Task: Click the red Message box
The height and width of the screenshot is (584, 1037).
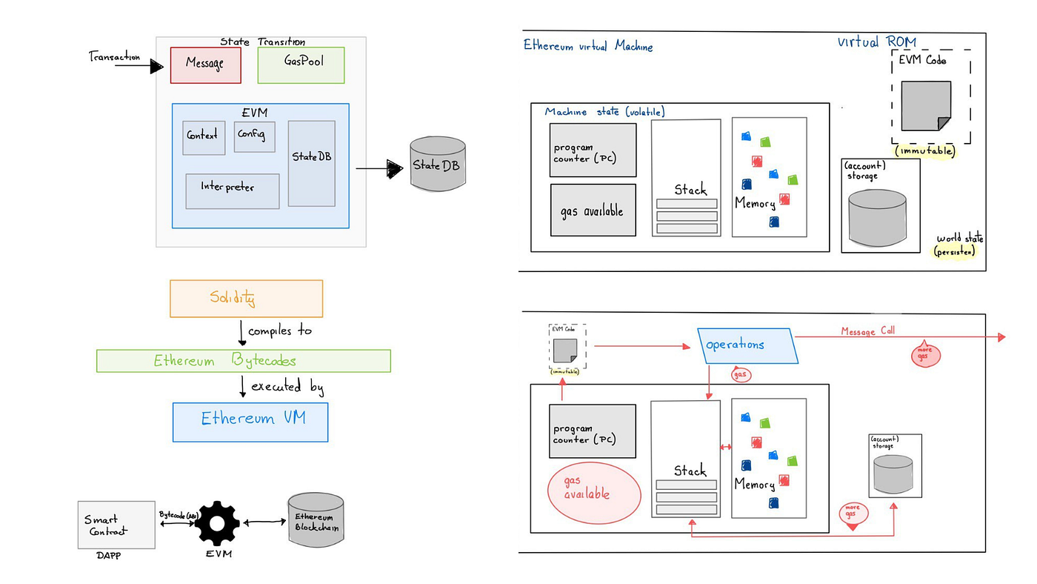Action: tap(205, 65)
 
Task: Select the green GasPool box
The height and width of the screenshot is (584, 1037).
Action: tap(301, 65)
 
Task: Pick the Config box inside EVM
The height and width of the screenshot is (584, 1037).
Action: tap(254, 136)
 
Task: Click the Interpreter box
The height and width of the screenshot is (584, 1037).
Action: tap(232, 191)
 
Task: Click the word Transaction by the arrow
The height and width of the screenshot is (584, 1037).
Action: tap(114, 56)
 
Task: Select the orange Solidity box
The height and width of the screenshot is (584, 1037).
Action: tap(246, 299)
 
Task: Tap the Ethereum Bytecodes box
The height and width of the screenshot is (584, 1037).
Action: tap(243, 361)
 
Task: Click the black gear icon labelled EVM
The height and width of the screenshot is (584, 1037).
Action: tap(217, 523)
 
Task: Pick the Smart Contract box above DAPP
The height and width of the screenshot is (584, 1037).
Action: tap(116, 525)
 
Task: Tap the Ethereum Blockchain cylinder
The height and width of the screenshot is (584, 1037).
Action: tap(315, 522)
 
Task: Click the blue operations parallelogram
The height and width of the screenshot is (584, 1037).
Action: tap(748, 345)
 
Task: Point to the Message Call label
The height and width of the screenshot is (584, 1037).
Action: tap(867, 331)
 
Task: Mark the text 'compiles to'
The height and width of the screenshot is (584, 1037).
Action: tap(279, 331)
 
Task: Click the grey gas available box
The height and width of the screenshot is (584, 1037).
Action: tap(593, 210)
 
